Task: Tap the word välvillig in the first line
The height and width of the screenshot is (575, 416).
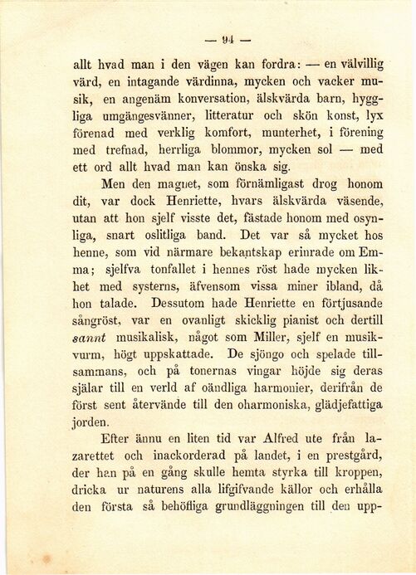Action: (356, 63)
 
